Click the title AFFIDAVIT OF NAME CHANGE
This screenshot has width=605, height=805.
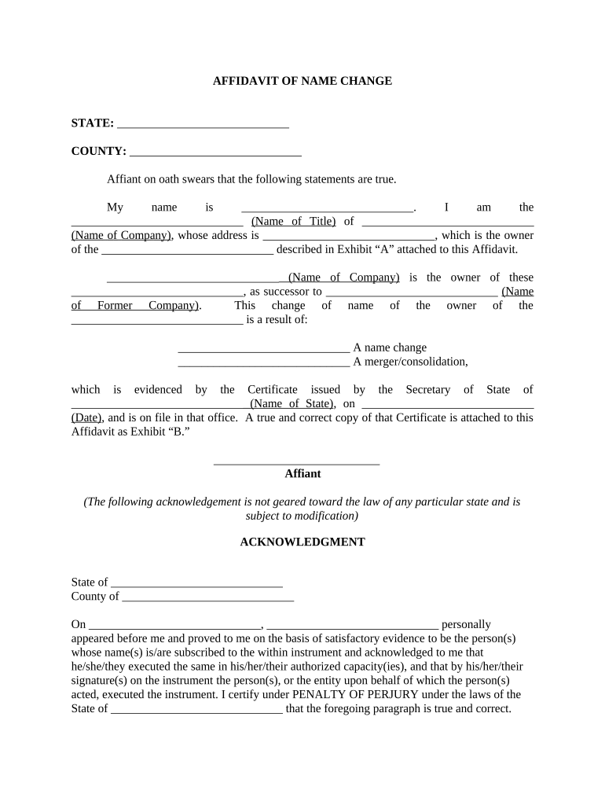click(x=302, y=81)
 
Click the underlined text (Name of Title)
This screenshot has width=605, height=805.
click(x=294, y=222)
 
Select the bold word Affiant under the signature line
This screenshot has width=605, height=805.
click(x=302, y=474)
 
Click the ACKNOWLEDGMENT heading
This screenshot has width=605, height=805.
click(x=302, y=542)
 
